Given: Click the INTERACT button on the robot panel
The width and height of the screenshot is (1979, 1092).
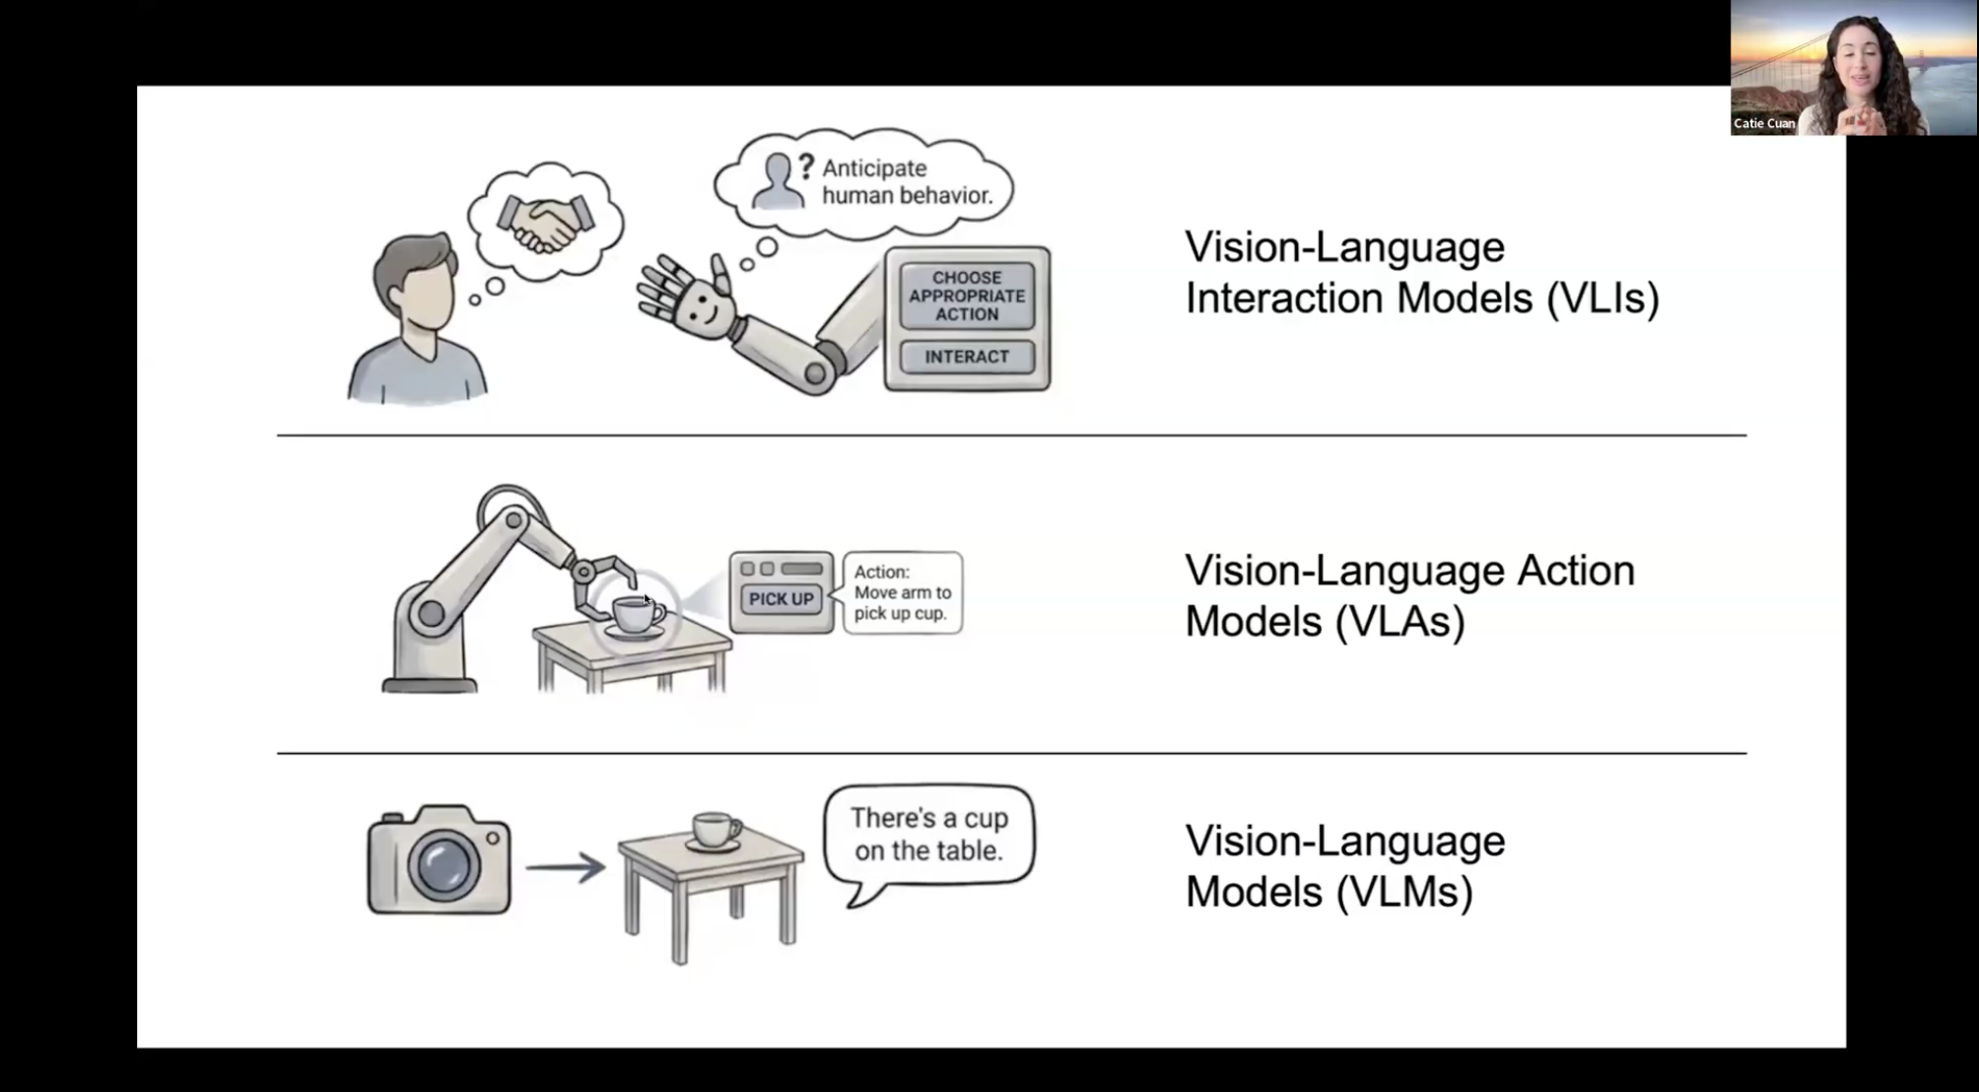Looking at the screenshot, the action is point(967,357).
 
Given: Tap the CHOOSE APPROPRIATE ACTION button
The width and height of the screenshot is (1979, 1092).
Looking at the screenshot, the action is point(967,296).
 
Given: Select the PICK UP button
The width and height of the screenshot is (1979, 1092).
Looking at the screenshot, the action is point(781,598).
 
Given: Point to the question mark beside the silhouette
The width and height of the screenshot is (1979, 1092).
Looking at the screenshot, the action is point(806,166).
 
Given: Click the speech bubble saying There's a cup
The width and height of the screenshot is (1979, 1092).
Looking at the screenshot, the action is point(929,835).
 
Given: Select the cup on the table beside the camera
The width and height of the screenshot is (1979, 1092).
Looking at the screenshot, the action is point(717,830).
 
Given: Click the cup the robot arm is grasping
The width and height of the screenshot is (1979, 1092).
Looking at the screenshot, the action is point(636,615).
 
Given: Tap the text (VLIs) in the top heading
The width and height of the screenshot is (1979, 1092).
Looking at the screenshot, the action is point(1603,298).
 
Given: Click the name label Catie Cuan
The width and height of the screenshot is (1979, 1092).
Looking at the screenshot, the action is point(1764,123).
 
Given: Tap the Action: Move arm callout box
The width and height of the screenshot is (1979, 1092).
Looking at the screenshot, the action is point(903,592).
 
